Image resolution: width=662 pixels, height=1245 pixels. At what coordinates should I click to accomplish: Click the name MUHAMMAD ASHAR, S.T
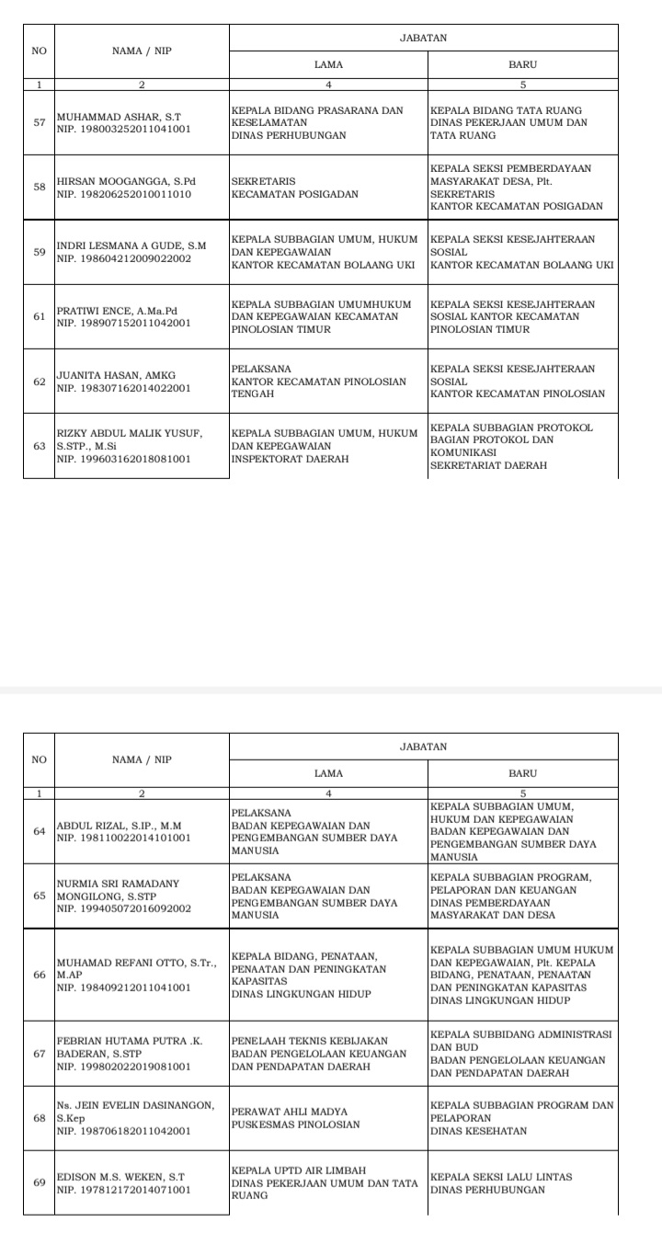120,117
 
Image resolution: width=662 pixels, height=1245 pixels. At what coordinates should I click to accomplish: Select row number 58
40,188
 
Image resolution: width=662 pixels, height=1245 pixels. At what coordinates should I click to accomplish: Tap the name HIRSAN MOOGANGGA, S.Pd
127,181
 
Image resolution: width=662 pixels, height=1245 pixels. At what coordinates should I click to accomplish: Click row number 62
40,382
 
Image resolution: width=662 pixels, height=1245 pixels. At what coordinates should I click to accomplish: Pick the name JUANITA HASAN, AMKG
116,375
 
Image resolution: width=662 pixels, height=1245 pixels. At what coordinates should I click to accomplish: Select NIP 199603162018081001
124,459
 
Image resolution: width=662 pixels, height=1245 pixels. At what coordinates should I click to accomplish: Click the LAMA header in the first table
328,65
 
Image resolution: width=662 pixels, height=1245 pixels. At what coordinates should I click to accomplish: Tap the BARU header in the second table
522,773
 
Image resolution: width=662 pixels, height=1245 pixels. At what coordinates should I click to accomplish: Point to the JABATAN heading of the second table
423,747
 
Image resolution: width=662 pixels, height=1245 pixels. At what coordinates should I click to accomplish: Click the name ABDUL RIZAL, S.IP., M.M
120,825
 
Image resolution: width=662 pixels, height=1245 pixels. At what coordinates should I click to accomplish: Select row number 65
40,896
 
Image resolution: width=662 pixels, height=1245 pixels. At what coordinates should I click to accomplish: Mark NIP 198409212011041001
124,988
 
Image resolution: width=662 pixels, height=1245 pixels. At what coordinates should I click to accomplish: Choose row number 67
40,1054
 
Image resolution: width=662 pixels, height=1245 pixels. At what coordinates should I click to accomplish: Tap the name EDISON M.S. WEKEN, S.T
121,1176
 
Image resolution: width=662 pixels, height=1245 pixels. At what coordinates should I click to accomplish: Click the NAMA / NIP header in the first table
142,51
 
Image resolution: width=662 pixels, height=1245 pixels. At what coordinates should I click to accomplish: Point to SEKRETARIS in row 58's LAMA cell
263,181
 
